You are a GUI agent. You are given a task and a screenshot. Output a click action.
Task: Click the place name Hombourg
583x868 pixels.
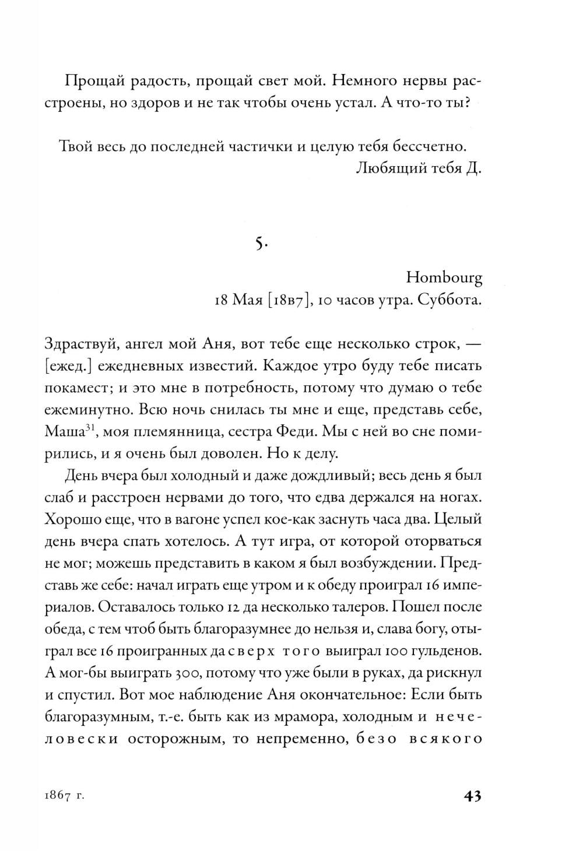pos(444,279)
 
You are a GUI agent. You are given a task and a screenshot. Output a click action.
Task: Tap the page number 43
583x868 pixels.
pos(471,796)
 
